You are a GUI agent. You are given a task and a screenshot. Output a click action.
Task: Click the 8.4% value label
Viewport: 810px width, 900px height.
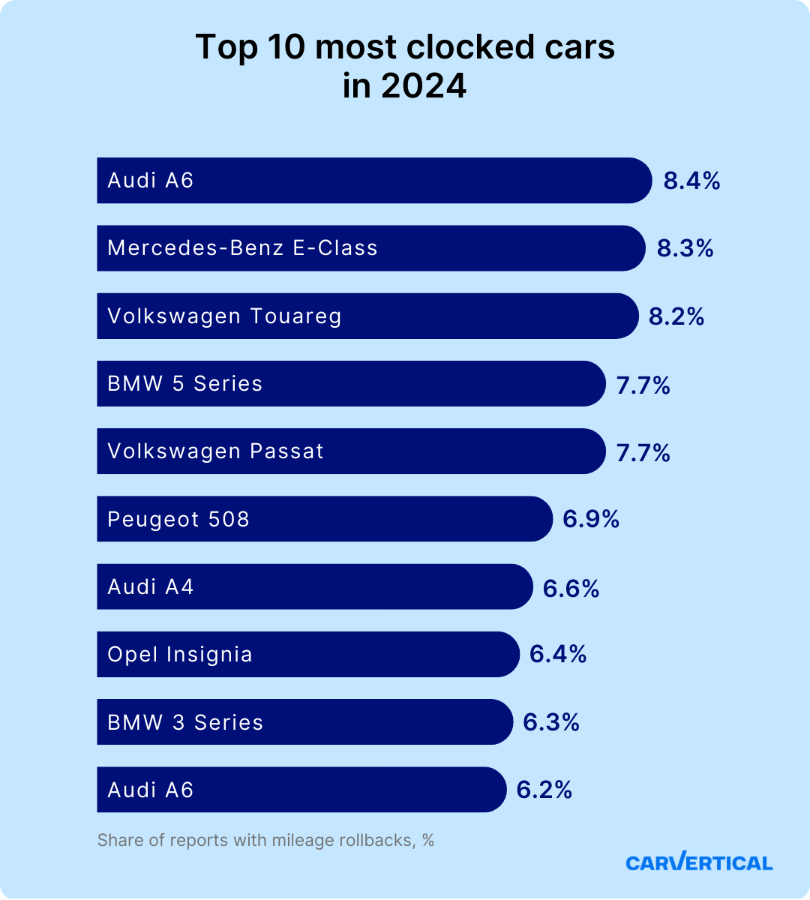click(x=691, y=181)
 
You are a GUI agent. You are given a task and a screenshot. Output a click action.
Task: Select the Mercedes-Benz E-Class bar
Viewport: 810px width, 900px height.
click(x=371, y=248)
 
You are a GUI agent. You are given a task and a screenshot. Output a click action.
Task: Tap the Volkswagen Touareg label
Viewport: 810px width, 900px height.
click(x=224, y=316)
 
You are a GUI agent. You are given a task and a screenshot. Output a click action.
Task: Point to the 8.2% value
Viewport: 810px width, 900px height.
click(x=676, y=316)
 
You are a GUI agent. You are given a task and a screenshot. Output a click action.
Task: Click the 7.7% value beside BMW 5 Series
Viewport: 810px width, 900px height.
click(x=643, y=385)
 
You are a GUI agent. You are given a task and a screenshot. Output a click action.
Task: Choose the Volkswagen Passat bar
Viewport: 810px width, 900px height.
click(x=351, y=451)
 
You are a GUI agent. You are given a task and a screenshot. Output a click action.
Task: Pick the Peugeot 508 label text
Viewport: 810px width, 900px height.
click(x=178, y=519)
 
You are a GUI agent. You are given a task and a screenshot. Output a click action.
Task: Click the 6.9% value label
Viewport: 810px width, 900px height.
click(x=591, y=519)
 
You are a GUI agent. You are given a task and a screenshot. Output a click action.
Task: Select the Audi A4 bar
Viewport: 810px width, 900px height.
click(x=315, y=586)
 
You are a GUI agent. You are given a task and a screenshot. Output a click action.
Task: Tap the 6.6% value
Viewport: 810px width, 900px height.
click(x=571, y=589)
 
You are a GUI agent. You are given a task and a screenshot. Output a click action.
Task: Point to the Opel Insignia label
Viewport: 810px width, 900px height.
click(x=180, y=655)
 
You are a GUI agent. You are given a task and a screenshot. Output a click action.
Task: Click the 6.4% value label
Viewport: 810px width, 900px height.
click(x=558, y=654)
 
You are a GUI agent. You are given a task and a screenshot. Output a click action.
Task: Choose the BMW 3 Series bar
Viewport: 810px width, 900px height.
click(x=305, y=722)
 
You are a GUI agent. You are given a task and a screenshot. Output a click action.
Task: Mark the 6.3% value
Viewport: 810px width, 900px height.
click(x=551, y=722)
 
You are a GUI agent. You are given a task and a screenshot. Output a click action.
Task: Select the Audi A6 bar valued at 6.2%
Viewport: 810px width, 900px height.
click(x=301, y=790)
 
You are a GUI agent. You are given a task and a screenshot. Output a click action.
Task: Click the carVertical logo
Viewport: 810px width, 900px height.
click(x=699, y=862)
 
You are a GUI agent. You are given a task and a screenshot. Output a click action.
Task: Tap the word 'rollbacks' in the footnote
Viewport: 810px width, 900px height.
click(x=372, y=840)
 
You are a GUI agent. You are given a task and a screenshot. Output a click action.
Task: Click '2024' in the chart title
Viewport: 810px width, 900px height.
click(x=424, y=86)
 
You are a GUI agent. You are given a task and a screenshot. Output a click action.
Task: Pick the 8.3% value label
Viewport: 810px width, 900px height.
click(x=685, y=248)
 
